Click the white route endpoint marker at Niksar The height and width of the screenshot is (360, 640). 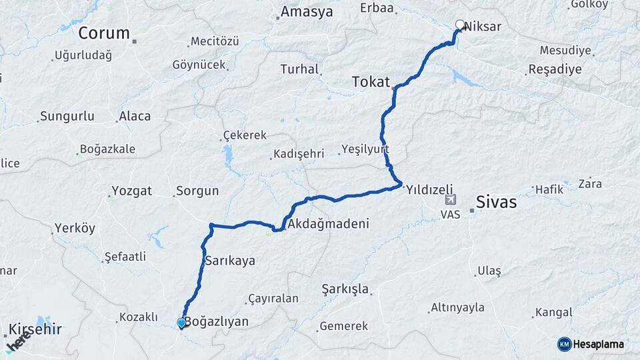tap(459, 25)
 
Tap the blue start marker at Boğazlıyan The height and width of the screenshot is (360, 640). tap(181, 323)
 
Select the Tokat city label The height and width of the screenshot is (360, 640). tap(371, 81)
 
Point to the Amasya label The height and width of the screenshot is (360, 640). tap(306, 11)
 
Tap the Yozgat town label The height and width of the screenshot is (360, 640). tap(132, 191)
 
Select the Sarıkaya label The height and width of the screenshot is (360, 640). tap(231, 261)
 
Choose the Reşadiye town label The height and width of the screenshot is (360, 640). tap(555, 69)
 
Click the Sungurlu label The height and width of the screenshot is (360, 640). tap(67, 117)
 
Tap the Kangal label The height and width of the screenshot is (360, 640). tap(553, 312)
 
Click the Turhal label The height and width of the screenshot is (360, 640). tap(299, 69)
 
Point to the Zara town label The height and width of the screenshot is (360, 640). tap(590, 183)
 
